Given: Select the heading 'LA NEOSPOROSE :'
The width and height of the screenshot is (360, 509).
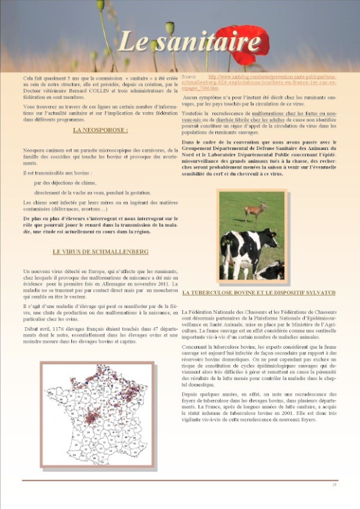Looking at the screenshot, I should pos(101,130).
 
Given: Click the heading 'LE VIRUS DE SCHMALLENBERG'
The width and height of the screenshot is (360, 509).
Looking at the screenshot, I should pos(101,251).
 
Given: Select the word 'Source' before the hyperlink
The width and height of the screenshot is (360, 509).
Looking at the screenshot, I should pos(189,77).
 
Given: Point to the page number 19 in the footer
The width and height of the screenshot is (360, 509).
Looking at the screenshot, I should pos(334,484).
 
